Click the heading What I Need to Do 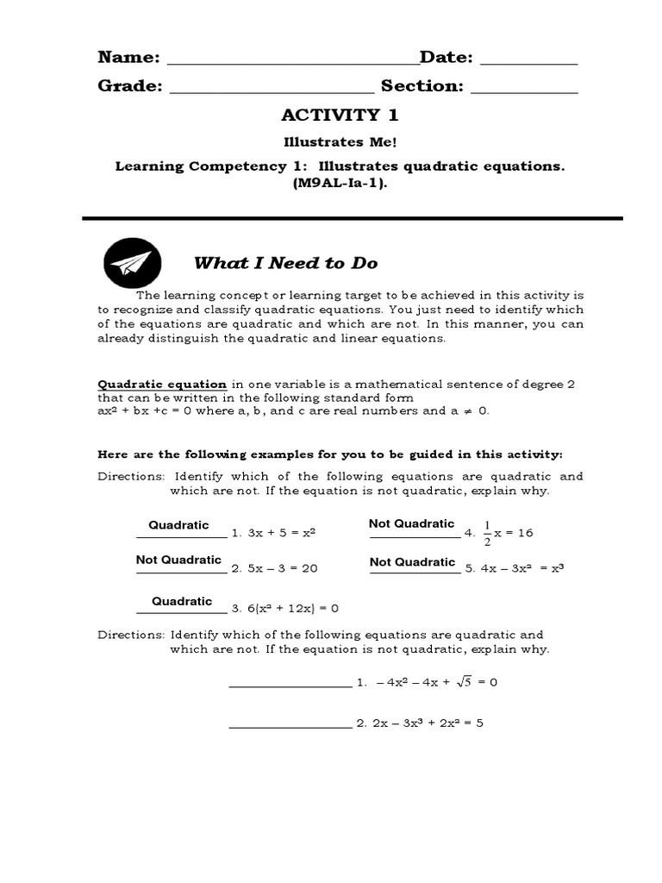pyautogui.click(x=285, y=263)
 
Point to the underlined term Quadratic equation pyautogui.click(x=162, y=385)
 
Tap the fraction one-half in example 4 pyautogui.click(x=486, y=533)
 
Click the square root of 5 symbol pyautogui.click(x=462, y=681)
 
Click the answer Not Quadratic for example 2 pyautogui.click(x=178, y=560)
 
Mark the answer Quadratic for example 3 pyautogui.click(x=182, y=601)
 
